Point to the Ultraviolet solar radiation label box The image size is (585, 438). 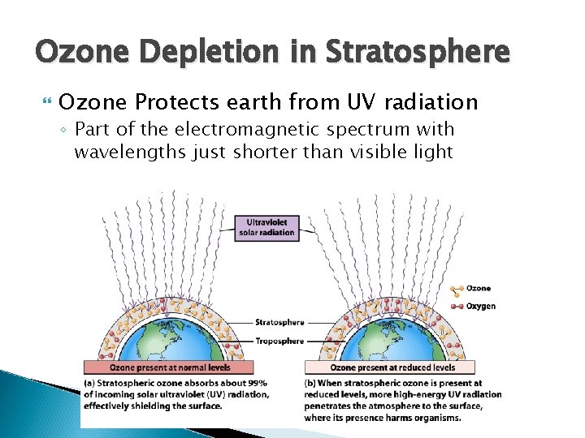point(267,227)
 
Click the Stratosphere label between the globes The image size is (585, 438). point(280,322)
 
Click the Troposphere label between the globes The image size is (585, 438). point(280,341)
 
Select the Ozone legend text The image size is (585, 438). point(479,289)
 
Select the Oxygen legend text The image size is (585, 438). point(481,307)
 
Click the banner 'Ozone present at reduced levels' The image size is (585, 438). point(392,367)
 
